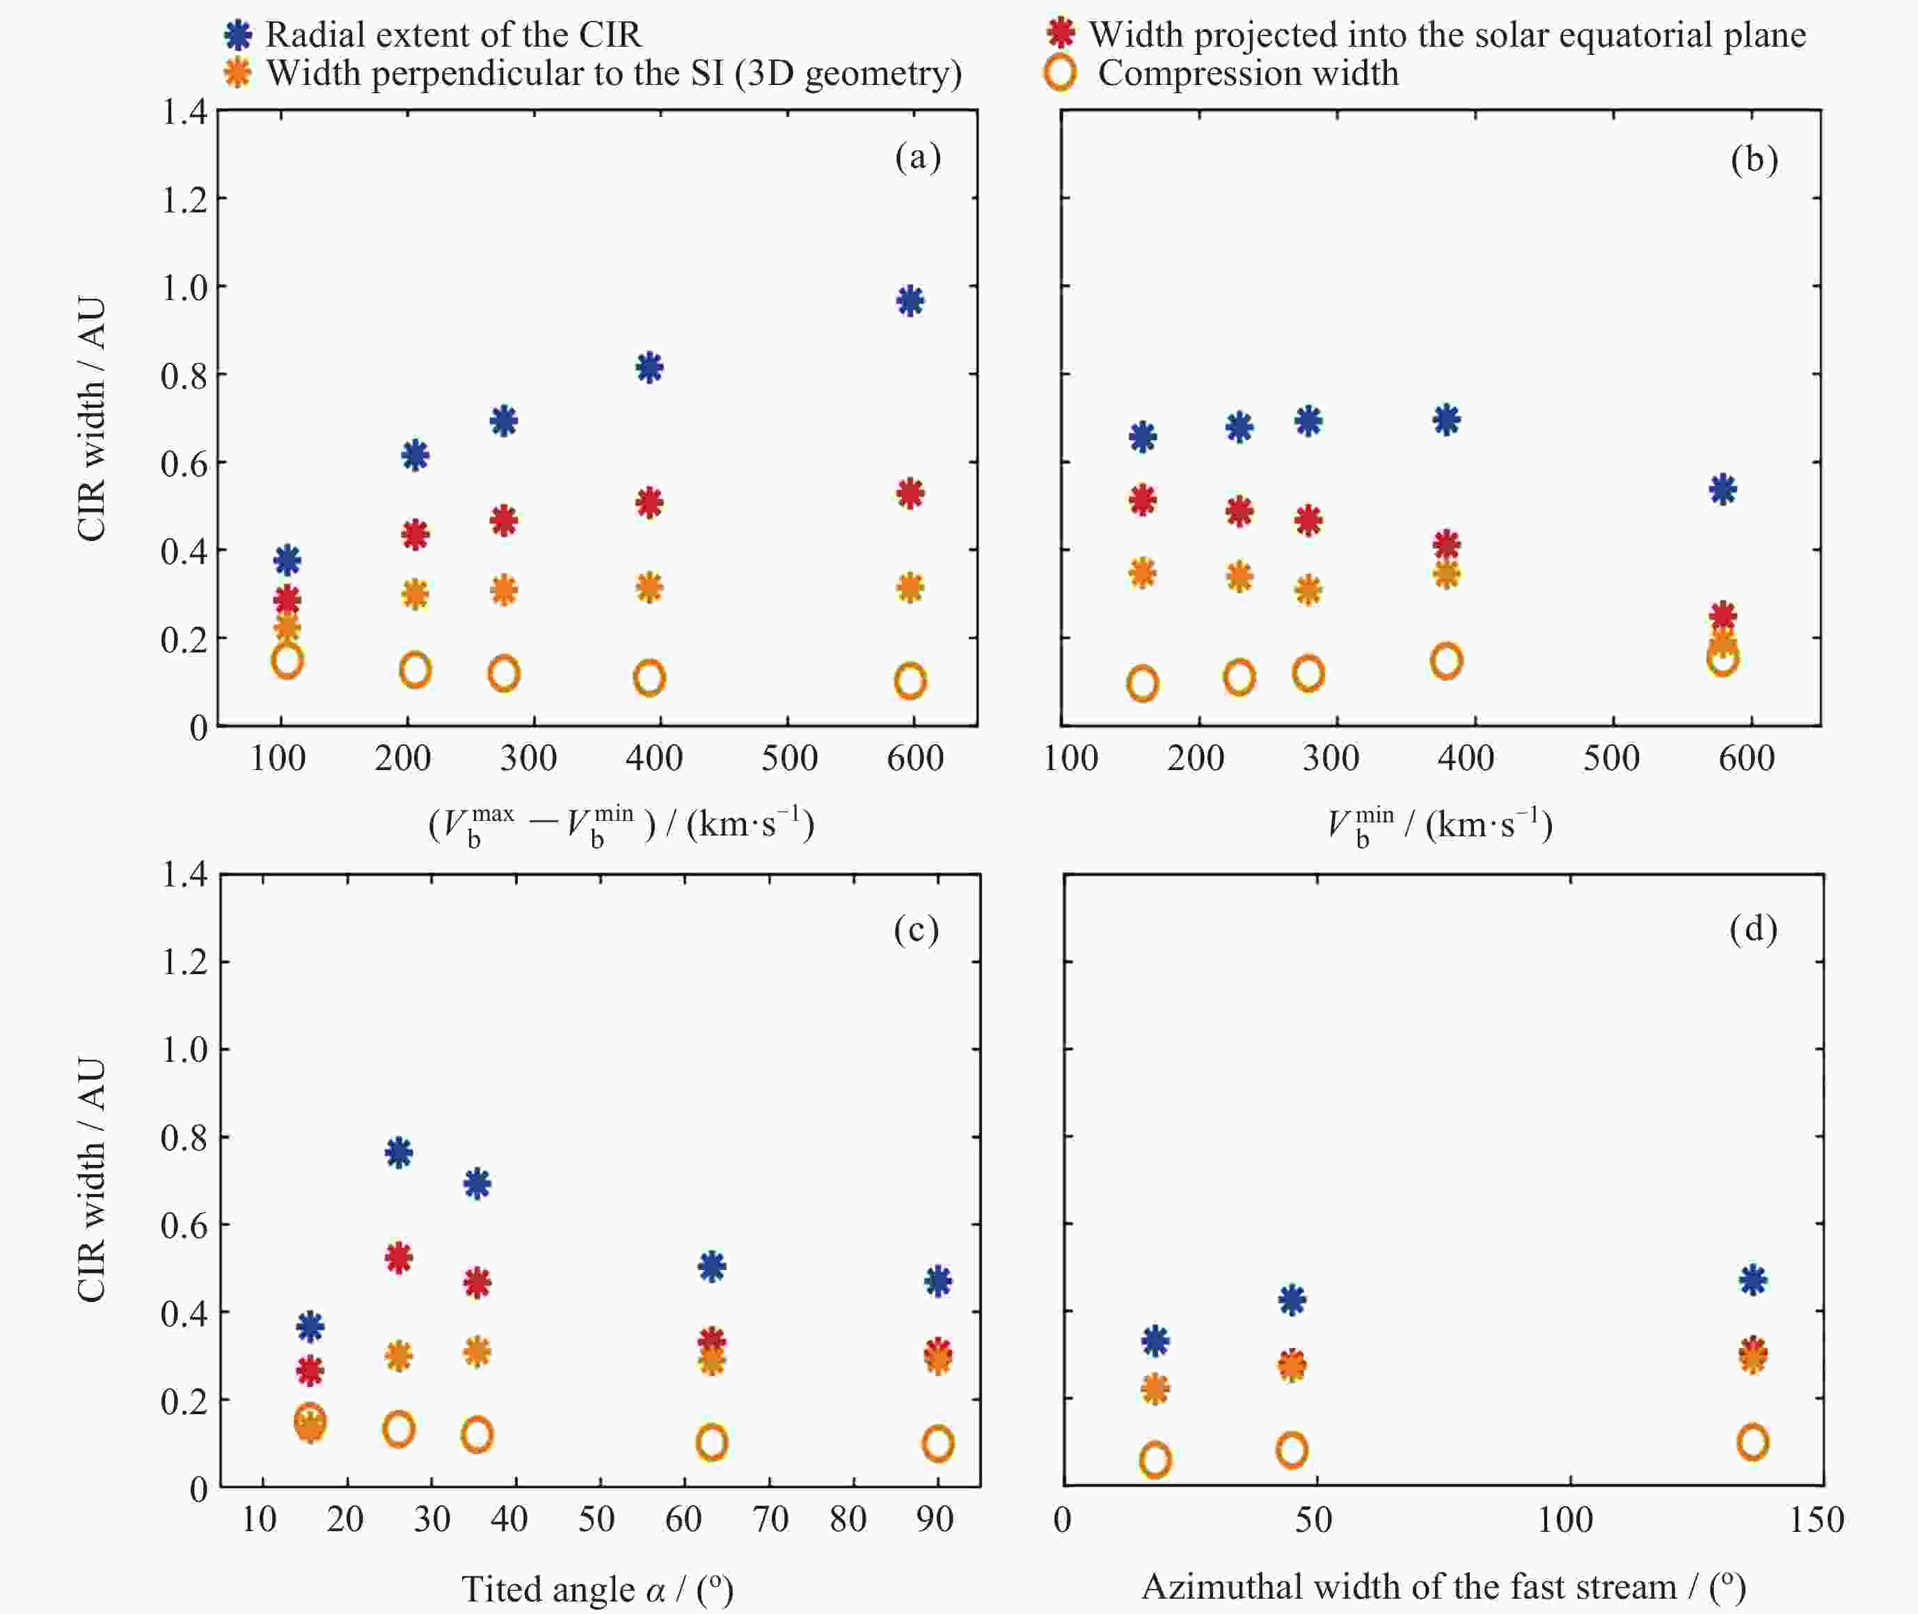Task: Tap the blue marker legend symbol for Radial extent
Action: tap(239, 36)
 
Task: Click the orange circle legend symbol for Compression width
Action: tap(1060, 73)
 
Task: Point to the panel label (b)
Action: tap(1753, 159)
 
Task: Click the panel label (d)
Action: tap(1752, 930)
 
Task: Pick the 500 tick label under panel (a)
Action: tap(789, 758)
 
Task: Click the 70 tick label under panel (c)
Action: tap(770, 1520)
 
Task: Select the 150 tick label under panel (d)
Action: tap(1816, 1520)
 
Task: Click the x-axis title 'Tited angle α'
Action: tap(596, 1590)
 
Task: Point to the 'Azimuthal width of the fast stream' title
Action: tap(1443, 1587)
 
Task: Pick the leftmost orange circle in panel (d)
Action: tap(1155, 1459)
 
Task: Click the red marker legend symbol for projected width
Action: tap(1060, 34)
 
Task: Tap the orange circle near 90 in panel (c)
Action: tap(937, 1444)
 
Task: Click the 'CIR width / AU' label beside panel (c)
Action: tap(91, 1180)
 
